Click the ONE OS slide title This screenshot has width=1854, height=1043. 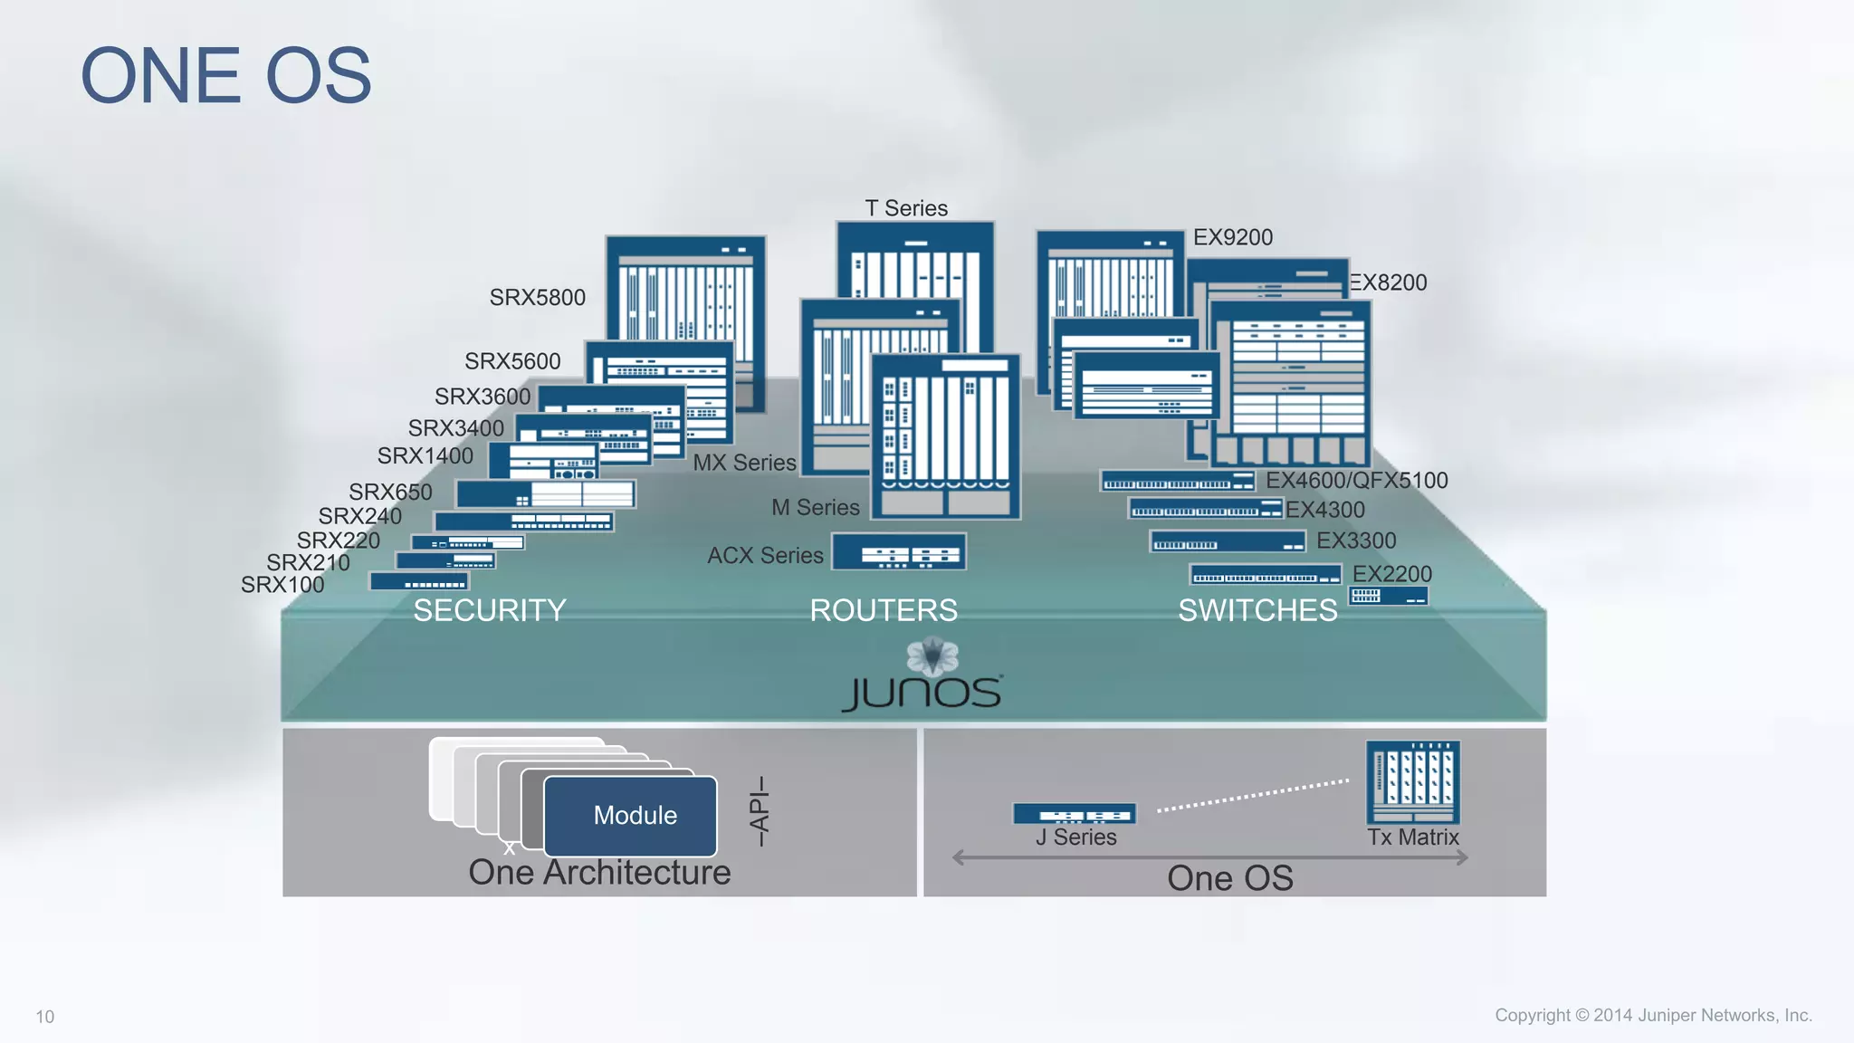tap(226, 76)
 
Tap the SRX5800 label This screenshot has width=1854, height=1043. tap(537, 298)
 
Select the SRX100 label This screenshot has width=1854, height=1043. tap(282, 585)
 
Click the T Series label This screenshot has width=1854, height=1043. tap(906, 208)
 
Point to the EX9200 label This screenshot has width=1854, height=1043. tap(1232, 237)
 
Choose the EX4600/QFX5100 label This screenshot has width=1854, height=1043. tap(1356, 481)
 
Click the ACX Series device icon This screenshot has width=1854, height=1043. tap(899, 551)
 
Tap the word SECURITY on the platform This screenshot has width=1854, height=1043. tap(490, 611)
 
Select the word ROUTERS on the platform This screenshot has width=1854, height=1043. tap(884, 611)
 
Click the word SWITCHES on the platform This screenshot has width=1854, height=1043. tap(1257, 611)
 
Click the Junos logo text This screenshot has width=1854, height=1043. tap(922, 693)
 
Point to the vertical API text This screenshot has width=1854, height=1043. tap(760, 810)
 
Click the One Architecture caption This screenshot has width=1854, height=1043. tap(599, 873)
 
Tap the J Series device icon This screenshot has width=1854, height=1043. tap(1074, 814)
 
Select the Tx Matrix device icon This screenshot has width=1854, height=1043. tap(1412, 782)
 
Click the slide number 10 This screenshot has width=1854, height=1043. tap(45, 1017)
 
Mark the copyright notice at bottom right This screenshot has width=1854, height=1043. tap(1653, 1016)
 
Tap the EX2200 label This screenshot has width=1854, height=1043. tap(1391, 574)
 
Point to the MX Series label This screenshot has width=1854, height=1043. tap(744, 463)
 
